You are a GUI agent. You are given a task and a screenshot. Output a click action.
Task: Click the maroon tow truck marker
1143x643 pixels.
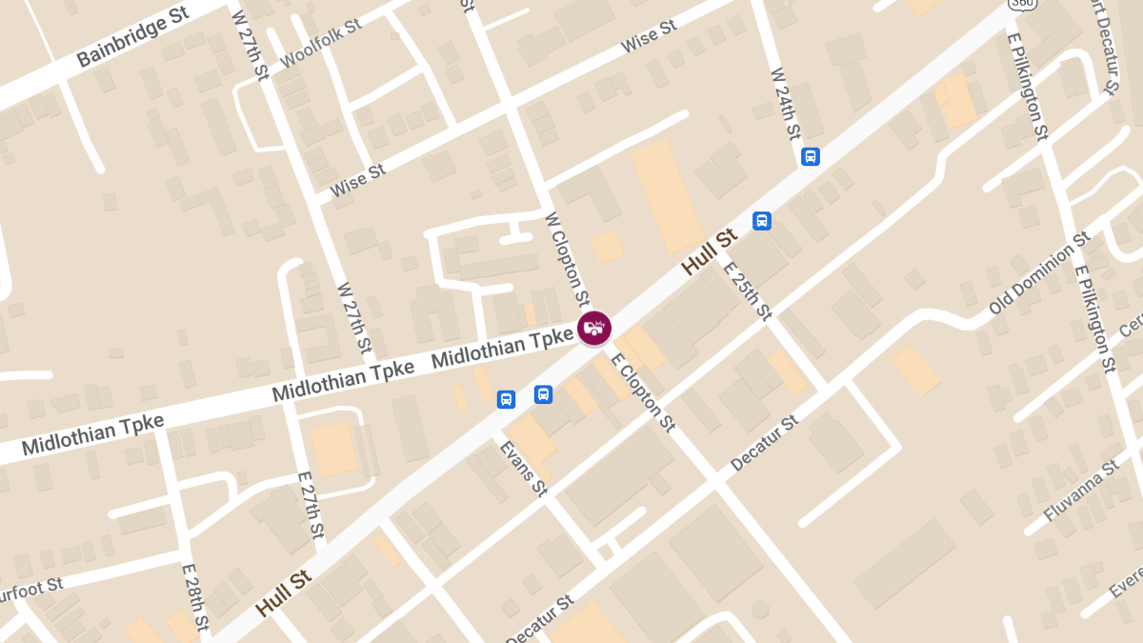click(594, 328)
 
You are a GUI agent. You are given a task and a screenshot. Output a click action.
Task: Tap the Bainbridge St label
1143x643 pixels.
click(133, 39)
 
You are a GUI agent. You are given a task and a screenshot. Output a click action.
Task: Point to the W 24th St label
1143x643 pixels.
click(786, 104)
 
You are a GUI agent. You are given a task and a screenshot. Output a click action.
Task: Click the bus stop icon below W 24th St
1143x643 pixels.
click(811, 156)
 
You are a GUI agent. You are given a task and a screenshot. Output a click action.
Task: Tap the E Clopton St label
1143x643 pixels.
click(644, 392)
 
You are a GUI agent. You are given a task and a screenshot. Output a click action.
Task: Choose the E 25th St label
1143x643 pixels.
click(747, 290)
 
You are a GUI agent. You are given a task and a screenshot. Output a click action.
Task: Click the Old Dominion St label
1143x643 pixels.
click(1039, 272)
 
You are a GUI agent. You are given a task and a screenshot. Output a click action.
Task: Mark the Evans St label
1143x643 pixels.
click(524, 468)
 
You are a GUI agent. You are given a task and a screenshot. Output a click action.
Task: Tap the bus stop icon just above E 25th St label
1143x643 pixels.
click(762, 221)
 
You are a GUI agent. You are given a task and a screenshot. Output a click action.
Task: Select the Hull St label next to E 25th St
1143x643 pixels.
click(710, 251)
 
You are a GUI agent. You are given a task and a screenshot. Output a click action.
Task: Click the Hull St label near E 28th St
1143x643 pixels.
click(284, 591)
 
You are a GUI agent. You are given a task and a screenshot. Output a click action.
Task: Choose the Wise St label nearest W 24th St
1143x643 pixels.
click(648, 36)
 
